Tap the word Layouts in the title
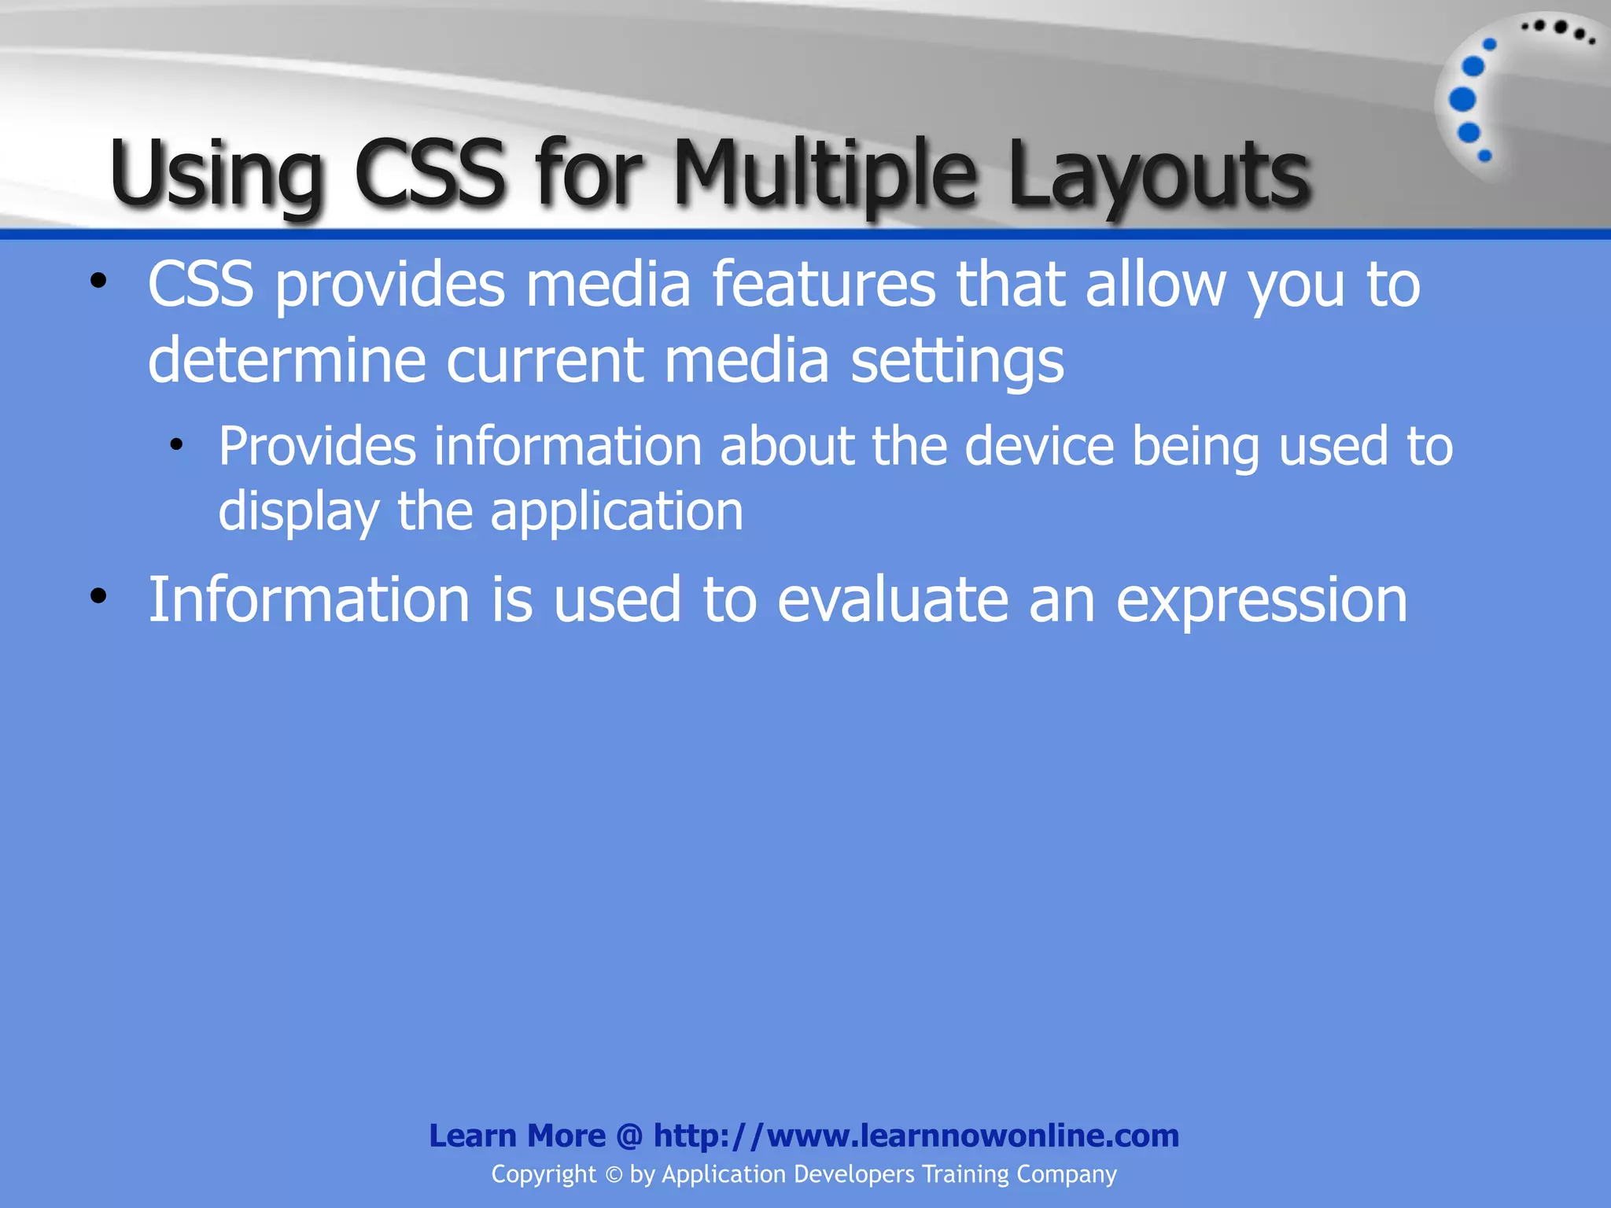click(1159, 175)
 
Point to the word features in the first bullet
click(824, 284)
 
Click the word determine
click(286, 360)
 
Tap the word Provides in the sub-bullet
click(317, 447)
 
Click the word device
click(1039, 447)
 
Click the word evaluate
click(892, 599)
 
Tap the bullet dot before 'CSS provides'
click(98, 281)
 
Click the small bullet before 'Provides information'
click(176, 446)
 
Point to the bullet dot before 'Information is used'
click(98, 596)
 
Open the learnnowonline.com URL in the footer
click(916, 1136)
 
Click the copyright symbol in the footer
click(614, 1175)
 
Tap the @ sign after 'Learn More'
click(629, 1136)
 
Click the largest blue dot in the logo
click(1462, 100)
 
